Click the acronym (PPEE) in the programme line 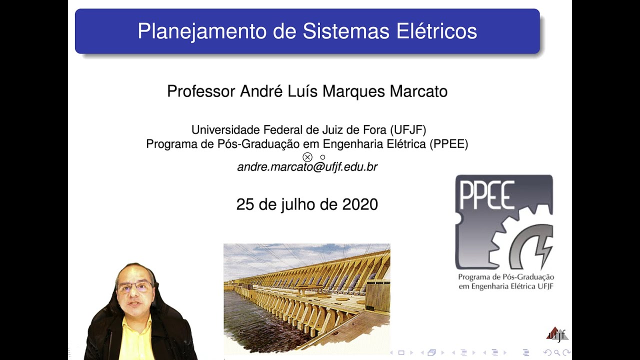coord(448,144)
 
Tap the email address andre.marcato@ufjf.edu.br coord(307,167)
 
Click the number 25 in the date coord(245,204)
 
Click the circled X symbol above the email coord(307,157)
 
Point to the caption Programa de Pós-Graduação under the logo coord(506,277)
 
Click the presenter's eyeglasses coord(134,287)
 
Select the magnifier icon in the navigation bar coord(557,352)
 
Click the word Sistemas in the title coord(345,31)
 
